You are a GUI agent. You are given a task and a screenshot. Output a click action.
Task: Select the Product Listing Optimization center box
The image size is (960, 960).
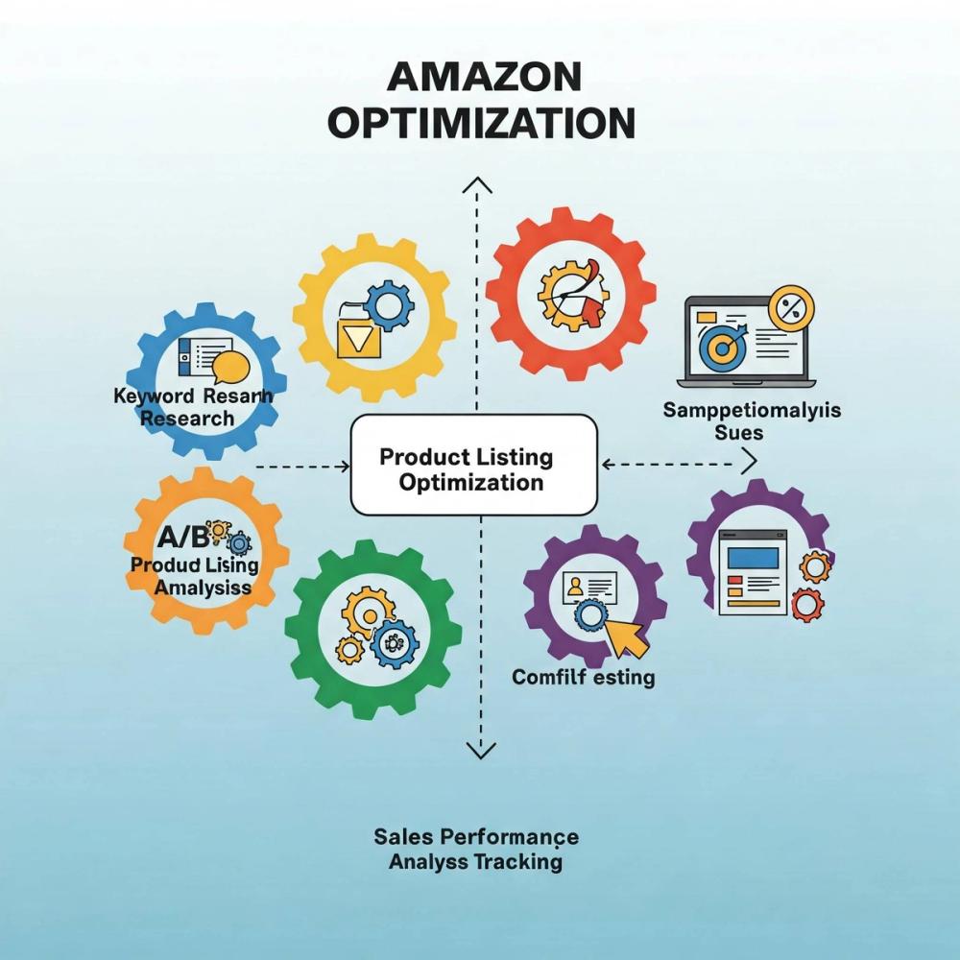(474, 464)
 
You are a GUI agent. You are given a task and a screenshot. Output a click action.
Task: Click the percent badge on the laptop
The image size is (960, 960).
(790, 307)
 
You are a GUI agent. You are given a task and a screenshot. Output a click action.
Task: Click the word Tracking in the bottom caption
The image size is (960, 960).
(518, 861)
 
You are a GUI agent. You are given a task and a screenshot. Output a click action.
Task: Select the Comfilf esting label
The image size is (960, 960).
(583, 678)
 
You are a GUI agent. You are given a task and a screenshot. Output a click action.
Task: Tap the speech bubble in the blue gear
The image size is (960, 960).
(230, 366)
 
